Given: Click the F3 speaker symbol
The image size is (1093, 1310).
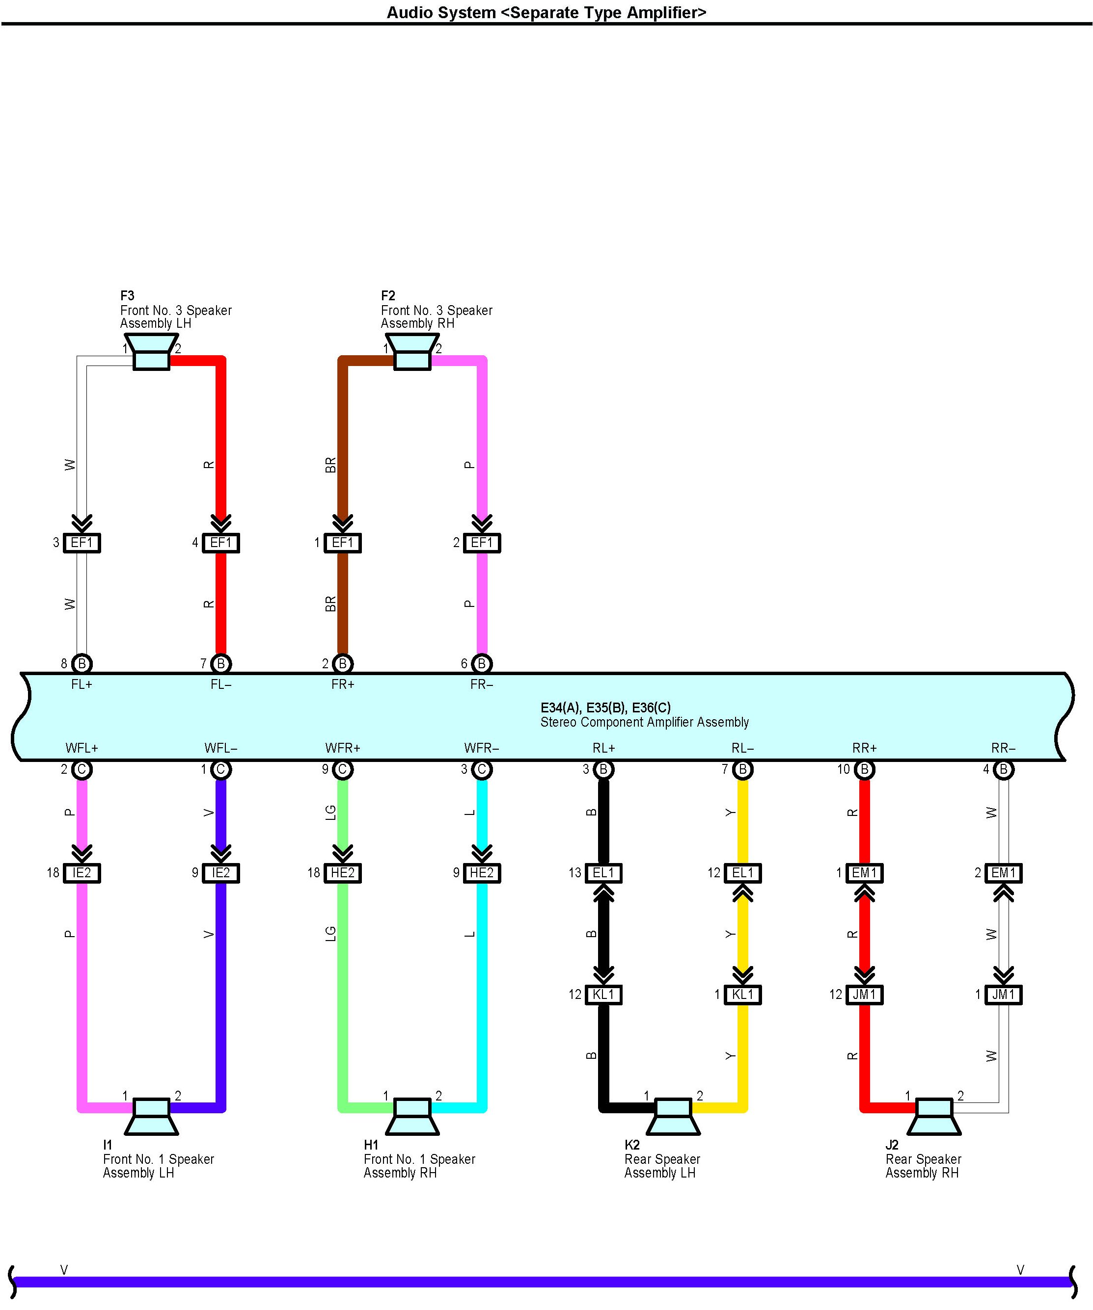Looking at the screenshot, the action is point(151,352).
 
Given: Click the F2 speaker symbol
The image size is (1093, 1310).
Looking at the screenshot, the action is point(412,352).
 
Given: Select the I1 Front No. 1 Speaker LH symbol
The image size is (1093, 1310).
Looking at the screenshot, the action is point(151,1116).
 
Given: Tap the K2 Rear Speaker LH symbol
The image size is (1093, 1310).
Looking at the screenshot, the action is point(673,1116).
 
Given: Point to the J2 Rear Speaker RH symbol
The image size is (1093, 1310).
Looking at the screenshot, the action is point(934,1116).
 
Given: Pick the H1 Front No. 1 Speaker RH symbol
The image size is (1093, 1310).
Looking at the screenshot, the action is point(412,1116).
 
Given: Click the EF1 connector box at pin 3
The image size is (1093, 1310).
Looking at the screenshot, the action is point(82,543).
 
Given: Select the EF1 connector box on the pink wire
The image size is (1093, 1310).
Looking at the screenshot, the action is point(482,543).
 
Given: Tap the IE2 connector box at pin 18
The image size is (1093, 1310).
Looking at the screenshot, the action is point(82,873).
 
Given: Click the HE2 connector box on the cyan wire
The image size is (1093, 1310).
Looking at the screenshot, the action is point(482,873).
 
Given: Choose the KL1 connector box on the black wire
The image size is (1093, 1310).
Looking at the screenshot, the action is point(603,995).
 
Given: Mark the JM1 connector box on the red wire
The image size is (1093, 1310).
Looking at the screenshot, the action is point(865,995).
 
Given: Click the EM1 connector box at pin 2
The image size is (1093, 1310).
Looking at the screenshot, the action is point(1004,873).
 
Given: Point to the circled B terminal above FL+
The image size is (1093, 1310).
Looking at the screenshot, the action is point(82,664).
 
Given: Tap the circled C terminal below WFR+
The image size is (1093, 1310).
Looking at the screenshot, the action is point(343,770).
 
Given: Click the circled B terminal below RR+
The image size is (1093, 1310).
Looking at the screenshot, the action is point(865,770).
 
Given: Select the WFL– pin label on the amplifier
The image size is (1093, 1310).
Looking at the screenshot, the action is point(221,748).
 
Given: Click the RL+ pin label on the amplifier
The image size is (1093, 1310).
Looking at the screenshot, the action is point(603,748).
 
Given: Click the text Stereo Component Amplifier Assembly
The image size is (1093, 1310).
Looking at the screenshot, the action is point(644,722).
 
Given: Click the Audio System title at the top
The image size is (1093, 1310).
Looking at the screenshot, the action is point(546,12).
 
